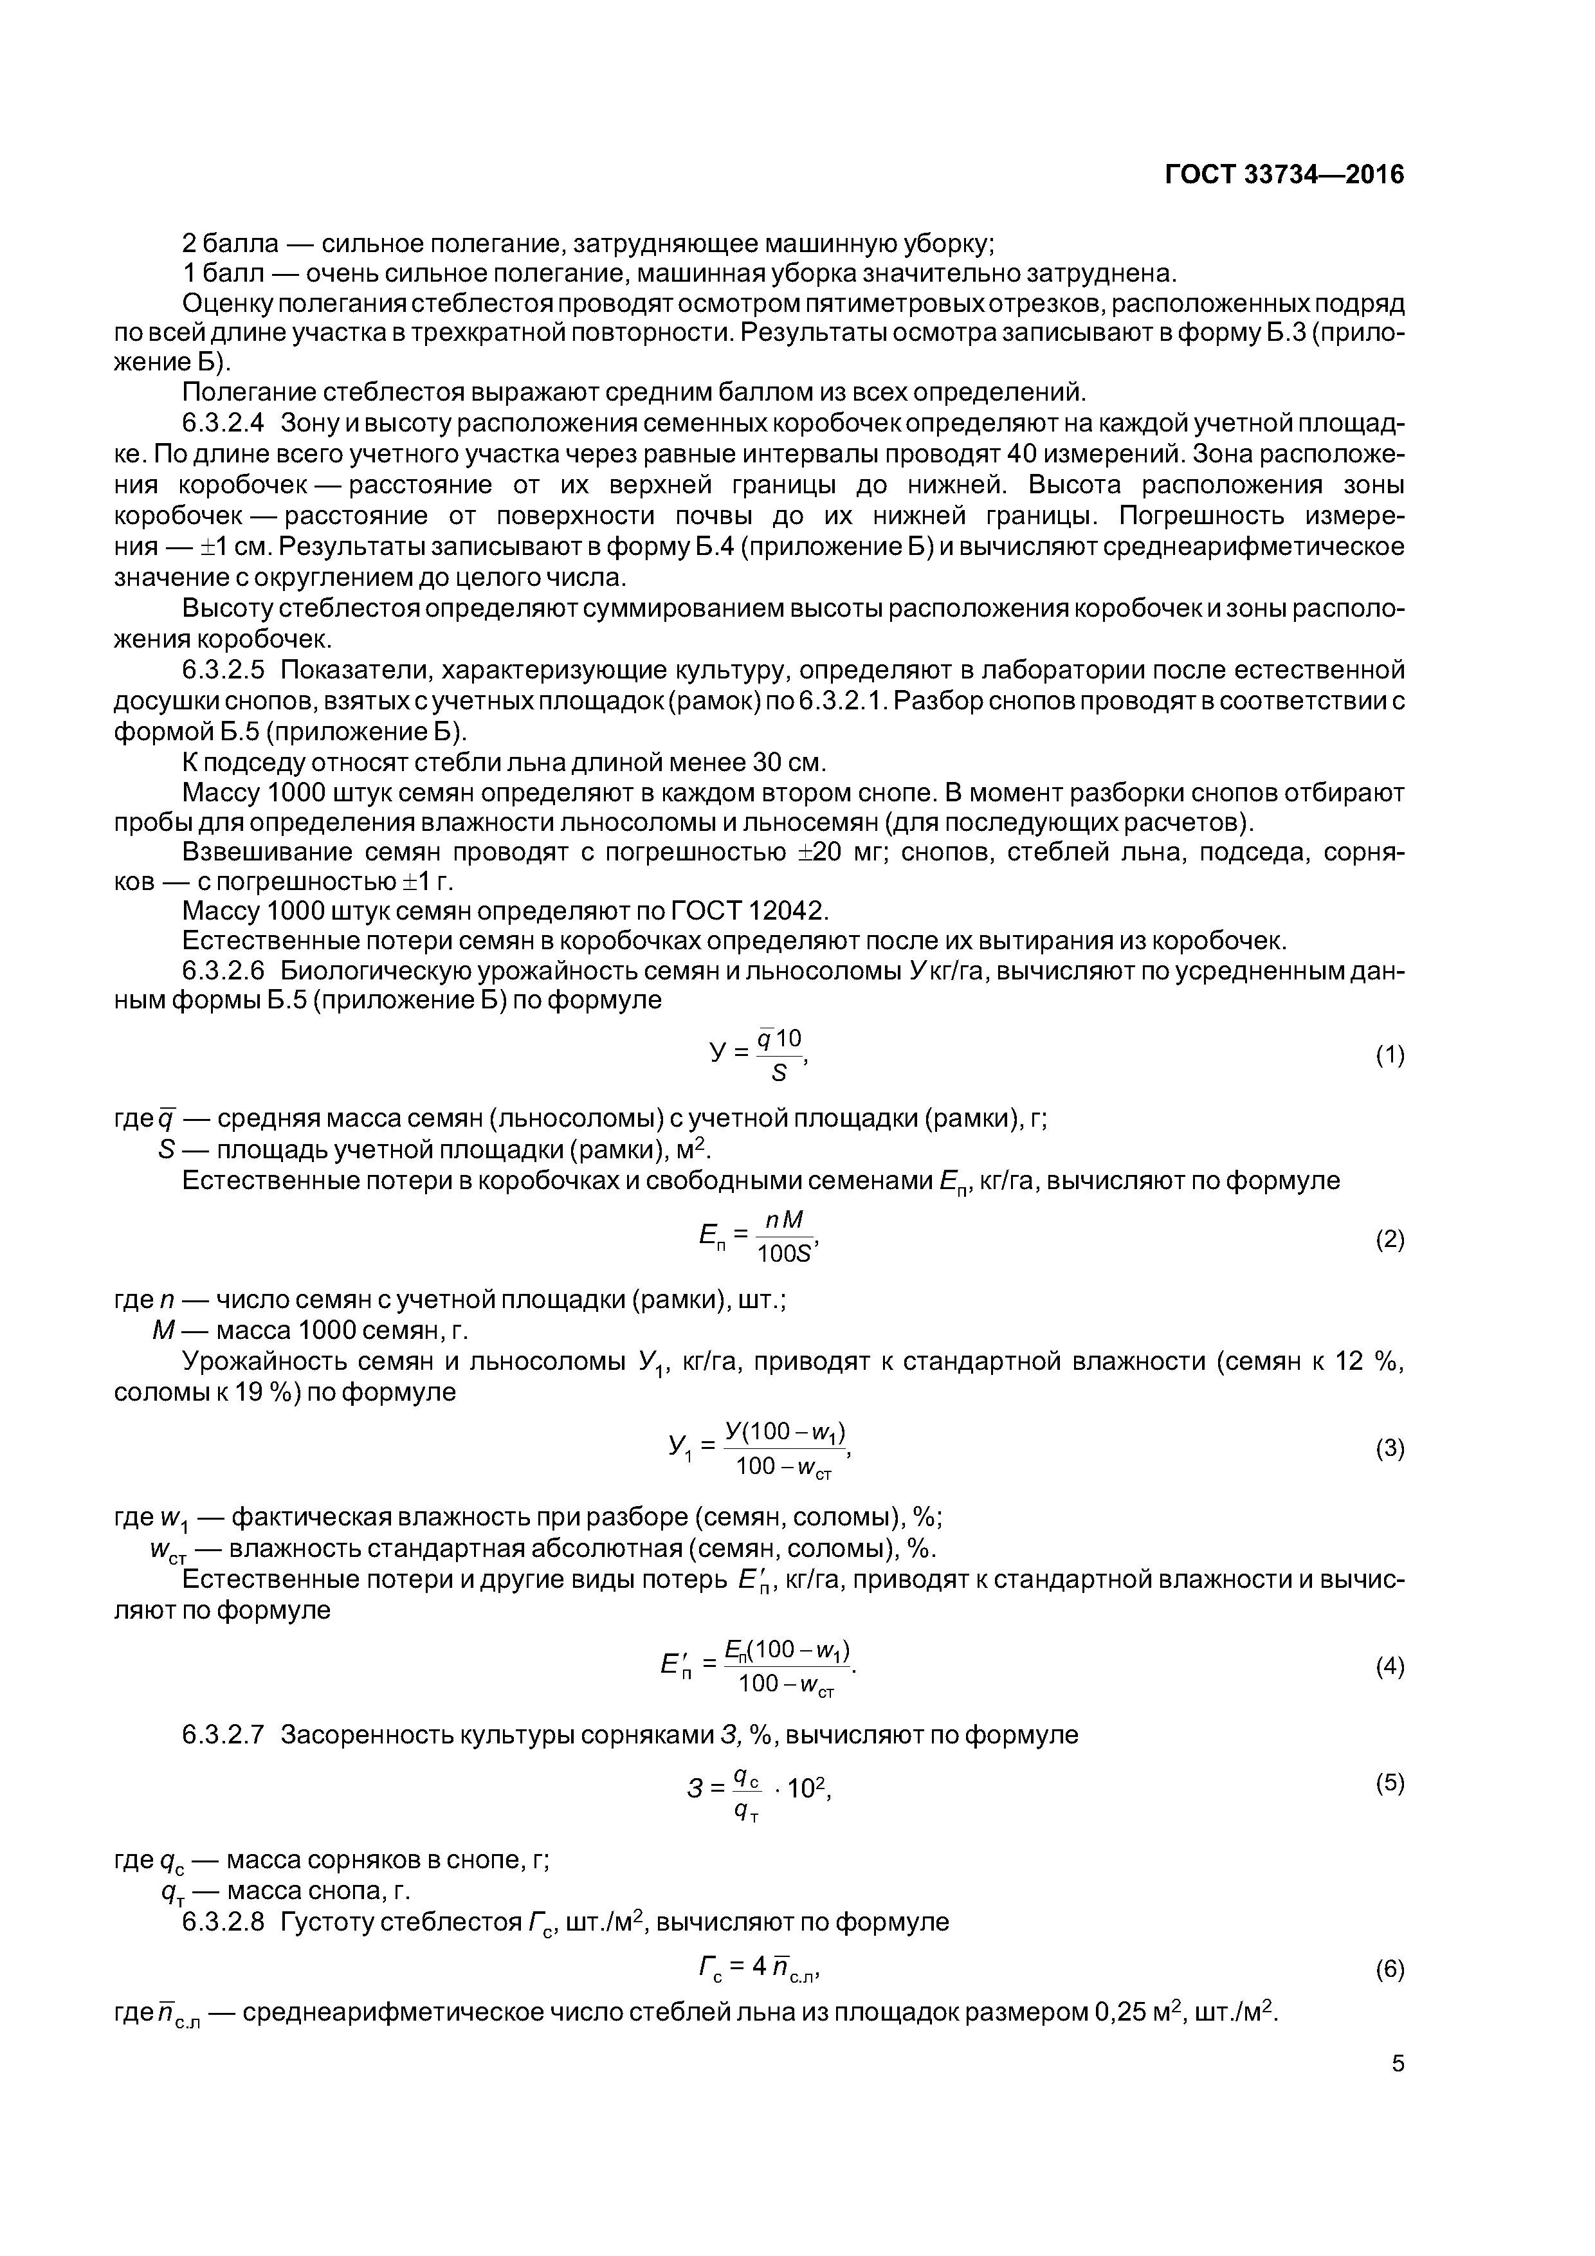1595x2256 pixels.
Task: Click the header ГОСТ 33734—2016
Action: click(1284, 175)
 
